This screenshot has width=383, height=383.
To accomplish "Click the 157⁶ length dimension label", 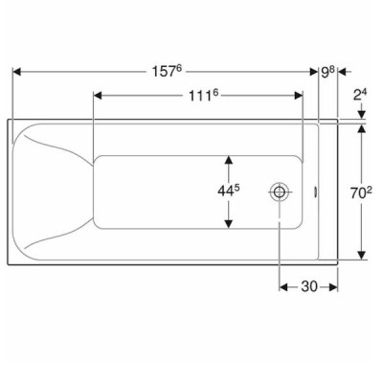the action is click(167, 71).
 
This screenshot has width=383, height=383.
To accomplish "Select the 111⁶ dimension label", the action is click(203, 96).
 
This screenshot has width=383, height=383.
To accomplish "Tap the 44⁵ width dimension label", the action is click(229, 191).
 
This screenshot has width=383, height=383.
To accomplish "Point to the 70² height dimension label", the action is click(361, 192).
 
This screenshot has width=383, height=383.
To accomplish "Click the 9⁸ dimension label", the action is click(327, 72).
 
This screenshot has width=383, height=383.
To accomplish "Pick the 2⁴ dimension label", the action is click(360, 95).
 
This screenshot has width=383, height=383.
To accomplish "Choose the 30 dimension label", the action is click(309, 286).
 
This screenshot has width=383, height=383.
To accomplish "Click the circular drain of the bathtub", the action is click(280, 191).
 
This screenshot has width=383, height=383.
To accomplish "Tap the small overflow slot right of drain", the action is click(315, 191).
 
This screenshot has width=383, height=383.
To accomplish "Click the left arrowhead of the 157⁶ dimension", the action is click(16, 72).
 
